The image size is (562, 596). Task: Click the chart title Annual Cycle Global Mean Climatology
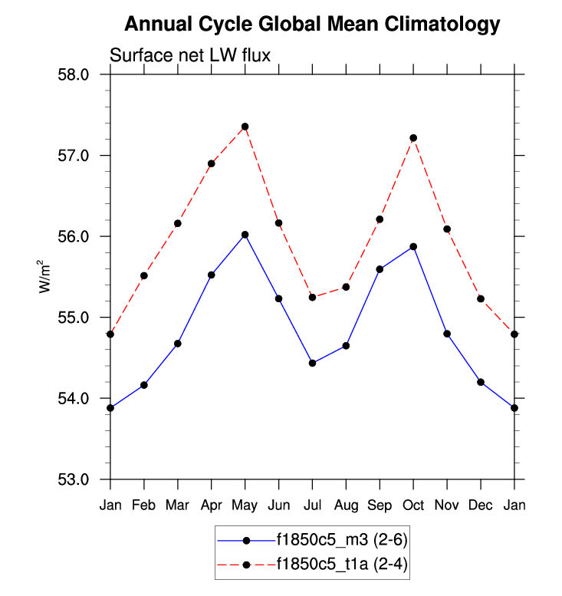coord(311,25)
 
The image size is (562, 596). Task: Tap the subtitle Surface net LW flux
coord(191,55)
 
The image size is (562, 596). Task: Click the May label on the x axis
coord(245,505)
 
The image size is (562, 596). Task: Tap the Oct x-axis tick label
coord(413,505)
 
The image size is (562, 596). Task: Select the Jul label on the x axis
coord(312,505)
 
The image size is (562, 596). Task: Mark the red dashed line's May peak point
coord(245,127)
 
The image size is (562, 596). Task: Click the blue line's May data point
coord(245,235)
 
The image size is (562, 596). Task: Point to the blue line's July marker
coord(312,363)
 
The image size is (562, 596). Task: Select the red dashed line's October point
coord(413,138)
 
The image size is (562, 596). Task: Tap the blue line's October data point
coord(413,246)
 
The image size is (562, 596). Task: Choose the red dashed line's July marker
coord(312,297)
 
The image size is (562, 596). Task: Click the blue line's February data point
coord(144,384)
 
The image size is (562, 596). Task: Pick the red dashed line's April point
coord(211,163)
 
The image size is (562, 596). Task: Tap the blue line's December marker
coord(481,382)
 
